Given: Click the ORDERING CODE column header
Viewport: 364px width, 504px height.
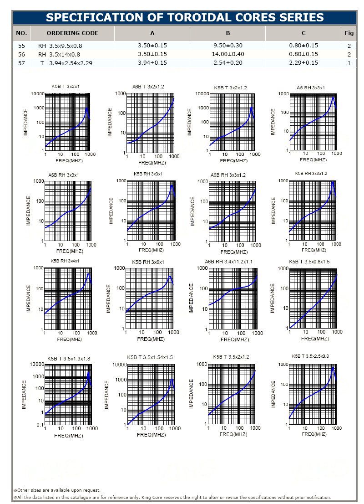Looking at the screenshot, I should tap(72, 33).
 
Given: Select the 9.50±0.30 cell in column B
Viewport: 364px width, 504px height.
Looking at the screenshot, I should tap(228, 46).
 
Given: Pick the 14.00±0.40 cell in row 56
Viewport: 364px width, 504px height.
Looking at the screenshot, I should tap(228, 54).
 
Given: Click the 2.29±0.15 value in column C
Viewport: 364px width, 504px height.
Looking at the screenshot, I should tap(303, 63).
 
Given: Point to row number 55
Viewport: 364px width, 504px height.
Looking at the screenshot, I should tap(21, 46).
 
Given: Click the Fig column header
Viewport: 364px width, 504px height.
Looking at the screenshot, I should tap(349, 33).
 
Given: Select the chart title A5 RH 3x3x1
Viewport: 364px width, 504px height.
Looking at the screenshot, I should tap(311, 87).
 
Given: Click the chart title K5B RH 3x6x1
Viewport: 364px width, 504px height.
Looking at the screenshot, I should tap(148, 262).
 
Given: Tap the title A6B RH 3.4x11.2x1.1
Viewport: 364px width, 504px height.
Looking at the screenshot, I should tap(228, 262).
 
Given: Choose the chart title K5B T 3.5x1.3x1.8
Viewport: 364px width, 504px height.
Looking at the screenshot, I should tap(69, 359).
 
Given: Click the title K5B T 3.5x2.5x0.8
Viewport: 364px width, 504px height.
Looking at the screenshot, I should tap(310, 356).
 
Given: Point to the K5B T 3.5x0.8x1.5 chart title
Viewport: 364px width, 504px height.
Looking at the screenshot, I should tap(309, 262).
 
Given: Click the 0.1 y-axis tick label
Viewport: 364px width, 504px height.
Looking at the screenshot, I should tap(40, 425).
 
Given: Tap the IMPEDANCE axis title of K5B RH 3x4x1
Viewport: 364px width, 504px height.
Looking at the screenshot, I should tap(28, 298).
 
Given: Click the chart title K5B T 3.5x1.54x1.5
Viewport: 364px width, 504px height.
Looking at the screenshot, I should tap(150, 357).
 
